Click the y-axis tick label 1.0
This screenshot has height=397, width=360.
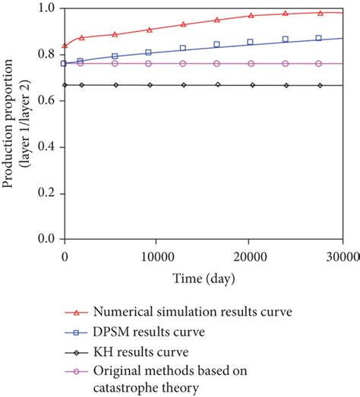pos(46,8)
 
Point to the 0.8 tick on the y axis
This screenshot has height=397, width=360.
pos(46,55)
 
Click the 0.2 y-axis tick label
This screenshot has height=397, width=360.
pos(46,193)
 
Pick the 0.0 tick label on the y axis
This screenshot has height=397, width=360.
pos(46,239)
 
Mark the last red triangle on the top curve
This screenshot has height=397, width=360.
pos(320,13)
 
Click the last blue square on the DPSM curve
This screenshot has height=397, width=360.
pos(318,38)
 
